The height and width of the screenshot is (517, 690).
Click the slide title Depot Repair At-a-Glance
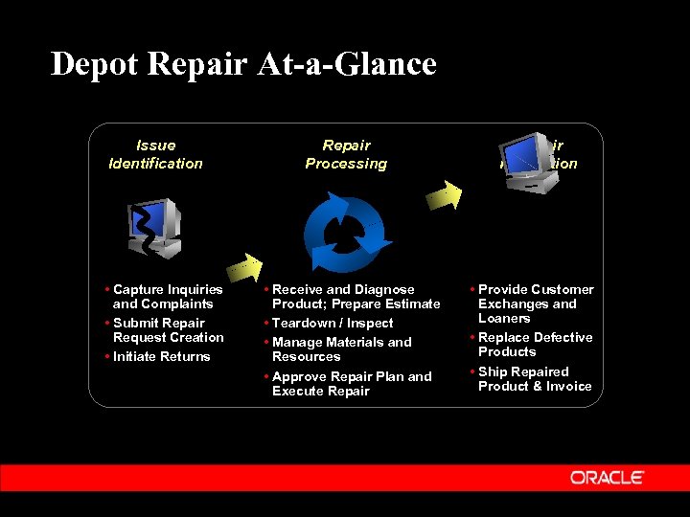coord(243,64)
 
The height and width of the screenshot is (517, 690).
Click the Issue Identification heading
coord(155,154)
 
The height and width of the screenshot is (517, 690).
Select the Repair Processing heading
coord(346,154)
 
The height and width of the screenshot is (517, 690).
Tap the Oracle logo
coord(607,477)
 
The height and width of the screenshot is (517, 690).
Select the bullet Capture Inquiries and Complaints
coord(167,297)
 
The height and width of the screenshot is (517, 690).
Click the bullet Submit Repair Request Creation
coord(167,330)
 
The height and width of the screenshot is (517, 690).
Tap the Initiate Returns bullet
coord(161,357)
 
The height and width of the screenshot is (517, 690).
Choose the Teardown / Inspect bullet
coord(332,324)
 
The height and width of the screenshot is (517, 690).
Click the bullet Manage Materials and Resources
coord(341,349)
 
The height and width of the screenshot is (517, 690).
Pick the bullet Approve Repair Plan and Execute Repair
coord(351,384)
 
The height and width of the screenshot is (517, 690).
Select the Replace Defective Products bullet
coord(534,345)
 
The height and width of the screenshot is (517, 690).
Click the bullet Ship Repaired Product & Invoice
coord(534,379)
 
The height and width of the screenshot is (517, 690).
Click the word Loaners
coord(504,319)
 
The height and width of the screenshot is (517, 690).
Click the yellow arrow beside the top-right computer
coord(447,194)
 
